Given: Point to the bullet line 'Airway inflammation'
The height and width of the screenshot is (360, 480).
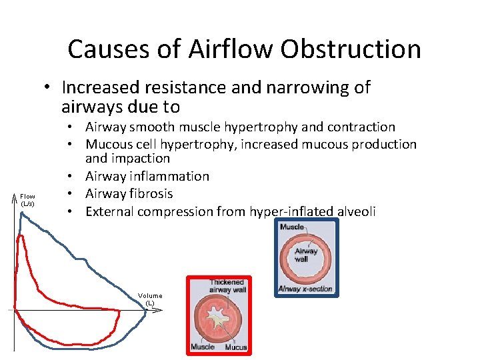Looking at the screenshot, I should (x=147, y=176).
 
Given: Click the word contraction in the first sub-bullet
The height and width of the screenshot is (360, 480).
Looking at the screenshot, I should (x=359, y=127).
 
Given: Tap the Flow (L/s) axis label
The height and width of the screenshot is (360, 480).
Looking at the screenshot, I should (x=27, y=199).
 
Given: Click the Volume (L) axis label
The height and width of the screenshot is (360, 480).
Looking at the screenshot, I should (x=150, y=299).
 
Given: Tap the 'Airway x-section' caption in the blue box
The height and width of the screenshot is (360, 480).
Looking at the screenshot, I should (x=305, y=289).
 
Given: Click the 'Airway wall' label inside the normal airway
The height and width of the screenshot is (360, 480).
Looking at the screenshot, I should (x=306, y=255).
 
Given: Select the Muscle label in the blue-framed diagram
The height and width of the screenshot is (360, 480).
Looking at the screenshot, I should (x=292, y=227).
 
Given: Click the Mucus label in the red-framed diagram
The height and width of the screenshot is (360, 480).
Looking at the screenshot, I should (x=236, y=347).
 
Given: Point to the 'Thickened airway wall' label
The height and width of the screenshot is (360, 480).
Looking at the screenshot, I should (x=228, y=287).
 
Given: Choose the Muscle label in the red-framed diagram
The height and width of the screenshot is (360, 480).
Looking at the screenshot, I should (x=203, y=347).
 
